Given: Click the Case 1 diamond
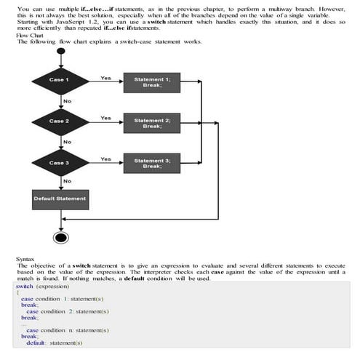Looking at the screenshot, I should click(59, 79).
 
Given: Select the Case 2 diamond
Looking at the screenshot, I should click(59, 121).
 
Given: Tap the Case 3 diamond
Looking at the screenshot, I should click(59, 163).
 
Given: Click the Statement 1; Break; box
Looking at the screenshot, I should click(152, 81).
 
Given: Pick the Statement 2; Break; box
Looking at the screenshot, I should click(152, 123).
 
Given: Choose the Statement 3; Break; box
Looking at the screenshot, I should click(152, 163).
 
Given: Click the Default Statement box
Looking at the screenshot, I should click(60, 199).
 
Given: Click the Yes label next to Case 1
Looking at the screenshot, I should click(105, 77).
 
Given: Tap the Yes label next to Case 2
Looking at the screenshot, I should click(105, 118).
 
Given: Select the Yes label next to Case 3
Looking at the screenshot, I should click(105, 159).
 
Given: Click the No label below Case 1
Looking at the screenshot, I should click(68, 100).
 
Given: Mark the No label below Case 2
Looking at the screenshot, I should click(68, 141).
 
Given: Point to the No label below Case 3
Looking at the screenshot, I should click(68, 181).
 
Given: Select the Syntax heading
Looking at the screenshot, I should click(25, 259).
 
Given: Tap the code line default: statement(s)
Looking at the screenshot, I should click(55, 343).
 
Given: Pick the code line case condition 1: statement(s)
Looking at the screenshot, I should click(65, 299).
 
